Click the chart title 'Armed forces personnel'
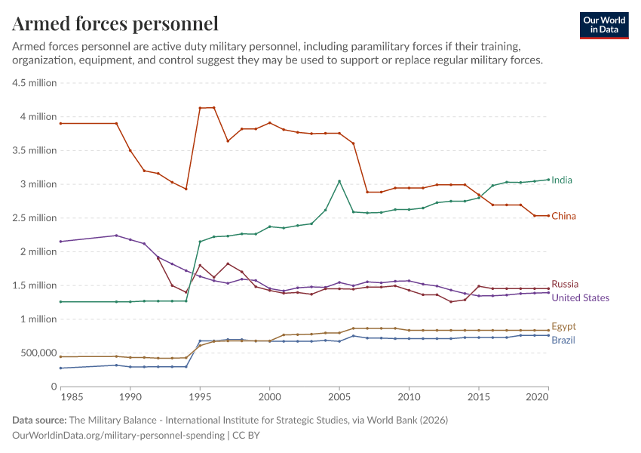pyautogui.click(x=115, y=23)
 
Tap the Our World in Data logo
pyautogui.click(x=603, y=25)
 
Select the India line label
pyautogui.click(x=562, y=180)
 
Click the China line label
pyautogui.click(x=563, y=217)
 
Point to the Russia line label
pyautogui.click(x=565, y=285)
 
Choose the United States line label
pyautogui.click(x=580, y=298)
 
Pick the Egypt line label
pyautogui.click(x=563, y=327)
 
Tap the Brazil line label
pyautogui.click(x=563, y=341)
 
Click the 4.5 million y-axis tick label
pyautogui.click(x=35, y=83)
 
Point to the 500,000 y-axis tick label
pyautogui.click(x=35, y=353)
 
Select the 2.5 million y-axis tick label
pyautogui.click(x=35, y=218)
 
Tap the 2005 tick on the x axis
pyautogui.click(x=339, y=396)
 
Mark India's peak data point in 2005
pyautogui.click(x=339, y=181)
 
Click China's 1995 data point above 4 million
pyautogui.click(x=200, y=108)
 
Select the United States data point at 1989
pyautogui.click(x=116, y=236)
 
